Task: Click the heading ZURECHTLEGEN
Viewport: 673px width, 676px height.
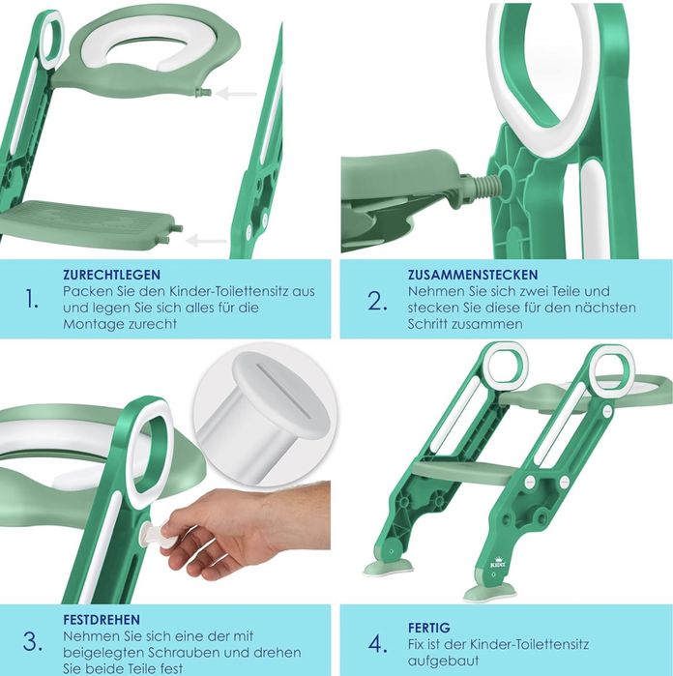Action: (x=111, y=275)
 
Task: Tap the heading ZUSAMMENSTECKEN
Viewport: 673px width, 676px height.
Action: (x=473, y=275)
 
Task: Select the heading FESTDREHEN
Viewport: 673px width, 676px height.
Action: (x=102, y=620)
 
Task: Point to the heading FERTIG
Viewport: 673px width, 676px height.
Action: (x=429, y=628)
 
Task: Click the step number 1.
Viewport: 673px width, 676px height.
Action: (x=32, y=299)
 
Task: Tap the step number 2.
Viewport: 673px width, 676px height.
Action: (x=377, y=301)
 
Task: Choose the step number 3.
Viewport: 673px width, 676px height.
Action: (x=32, y=642)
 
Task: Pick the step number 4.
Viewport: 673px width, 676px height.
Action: (x=377, y=644)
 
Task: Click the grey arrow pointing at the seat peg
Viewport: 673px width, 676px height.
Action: (x=236, y=93)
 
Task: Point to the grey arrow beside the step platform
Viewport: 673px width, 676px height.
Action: (x=206, y=241)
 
